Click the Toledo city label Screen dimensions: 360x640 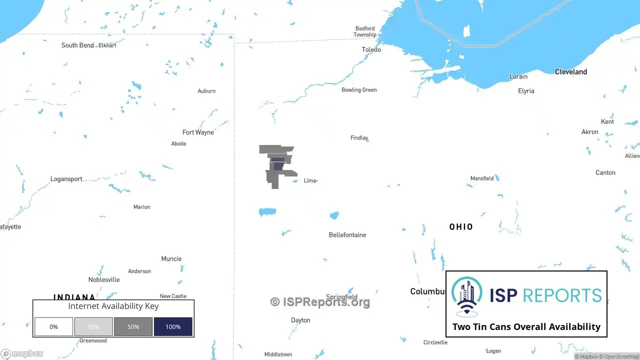(371, 49)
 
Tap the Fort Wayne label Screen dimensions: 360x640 (198, 132)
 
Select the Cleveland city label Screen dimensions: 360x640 (570, 72)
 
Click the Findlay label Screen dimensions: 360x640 (359, 138)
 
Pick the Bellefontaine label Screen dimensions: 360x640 (347, 235)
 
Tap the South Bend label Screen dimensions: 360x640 (77, 45)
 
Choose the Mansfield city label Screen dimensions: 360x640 (481, 178)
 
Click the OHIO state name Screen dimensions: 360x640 (461, 227)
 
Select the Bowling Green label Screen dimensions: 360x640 (359, 90)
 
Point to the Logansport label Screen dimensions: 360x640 (66, 179)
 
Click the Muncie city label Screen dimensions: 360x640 (171, 259)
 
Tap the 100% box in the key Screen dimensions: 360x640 (173, 326)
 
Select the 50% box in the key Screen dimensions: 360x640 (133, 326)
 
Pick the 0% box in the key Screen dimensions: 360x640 (53, 326)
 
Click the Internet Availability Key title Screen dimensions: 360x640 (113, 306)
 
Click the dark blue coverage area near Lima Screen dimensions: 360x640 (278, 165)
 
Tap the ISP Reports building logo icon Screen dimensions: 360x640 (467, 296)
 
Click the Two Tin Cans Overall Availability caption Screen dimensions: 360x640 (526, 326)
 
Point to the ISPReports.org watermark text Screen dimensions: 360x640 (320, 302)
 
